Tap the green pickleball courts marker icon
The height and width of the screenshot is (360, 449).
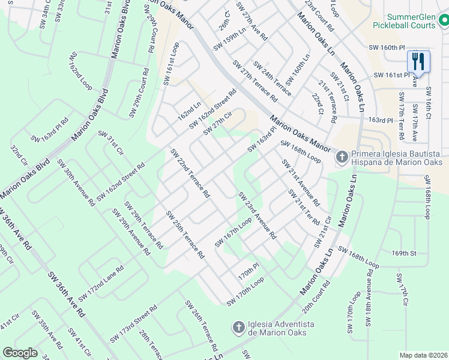click(x=443, y=22)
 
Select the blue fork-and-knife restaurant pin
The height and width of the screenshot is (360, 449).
click(x=418, y=62)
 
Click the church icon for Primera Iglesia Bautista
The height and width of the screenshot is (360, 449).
click(x=342, y=157)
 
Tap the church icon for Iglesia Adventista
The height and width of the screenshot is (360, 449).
click(x=238, y=328)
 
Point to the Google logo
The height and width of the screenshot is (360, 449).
click(x=20, y=353)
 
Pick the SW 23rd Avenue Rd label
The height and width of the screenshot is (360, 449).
click(x=256, y=215)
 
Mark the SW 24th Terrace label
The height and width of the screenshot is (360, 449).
click(x=272, y=78)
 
